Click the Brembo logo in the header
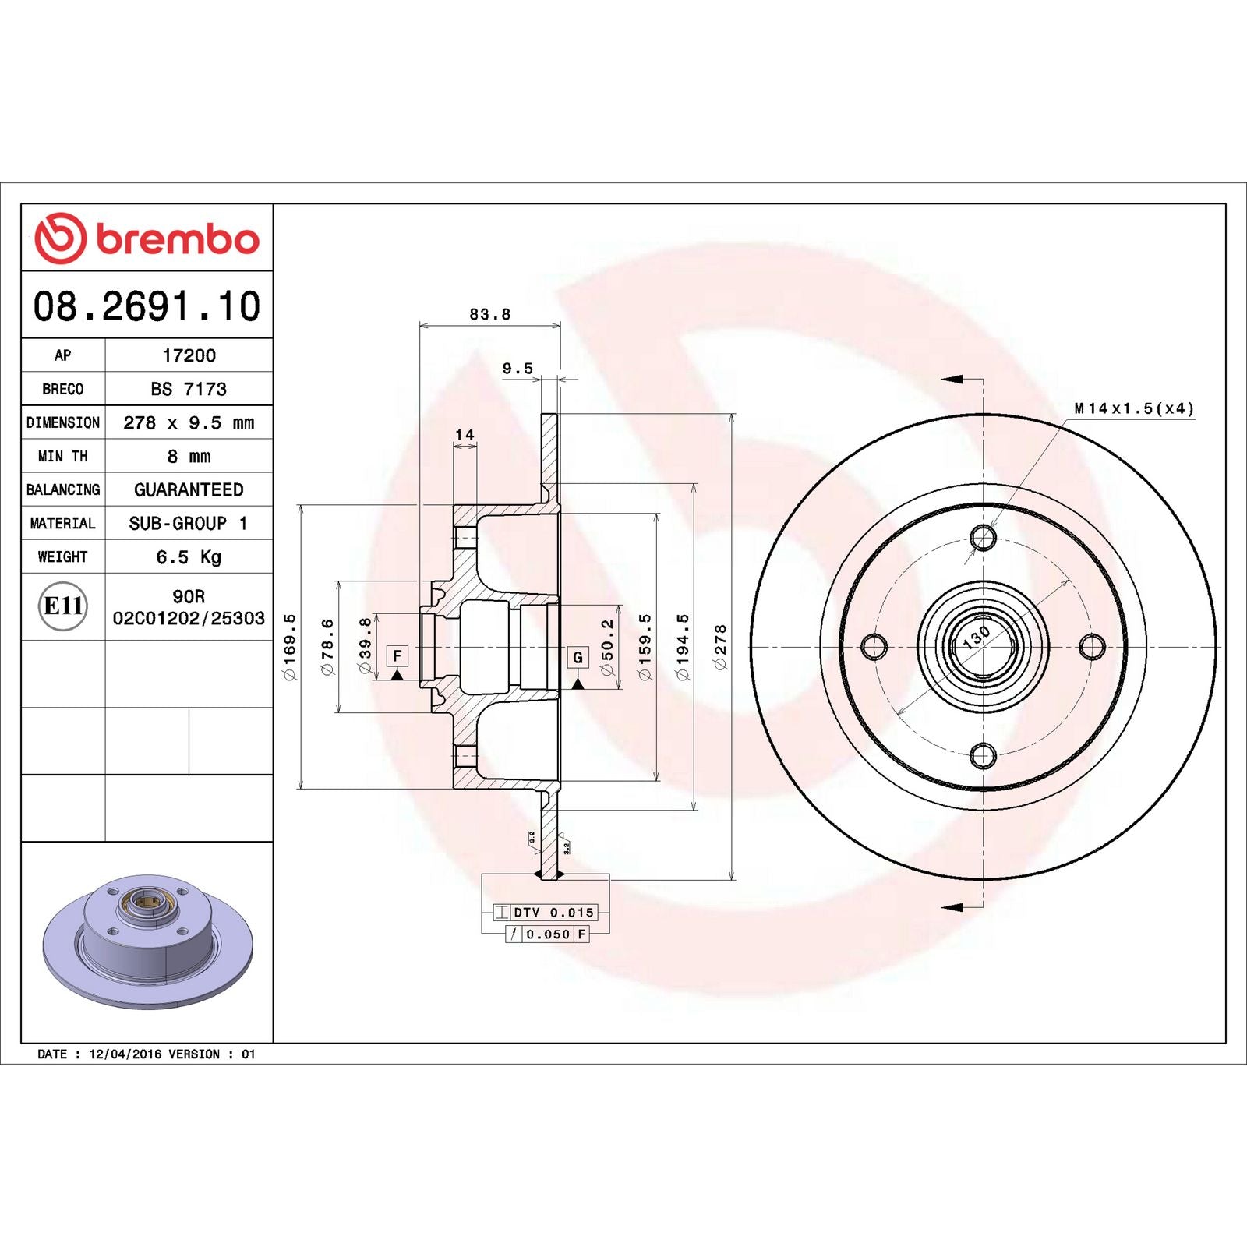tap(147, 238)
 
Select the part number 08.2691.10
tap(147, 306)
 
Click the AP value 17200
tap(189, 355)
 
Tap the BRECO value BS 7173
tap(189, 389)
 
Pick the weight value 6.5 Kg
tap(189, 556)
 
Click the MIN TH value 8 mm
tap(189, 456)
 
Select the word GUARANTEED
tap(189, 489)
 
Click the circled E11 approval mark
tap(62, 606)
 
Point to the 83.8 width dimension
tap(489, 314)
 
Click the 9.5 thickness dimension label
tap(518, 368)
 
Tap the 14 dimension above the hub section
tap(465, 435)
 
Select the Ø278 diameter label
tap(720, 646)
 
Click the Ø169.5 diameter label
tap(289, 646)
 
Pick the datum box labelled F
tap(397, 656)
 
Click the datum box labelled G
tap(578, 657)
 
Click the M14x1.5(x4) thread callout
tap(1133, 408)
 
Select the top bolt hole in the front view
tap(983, 537)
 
